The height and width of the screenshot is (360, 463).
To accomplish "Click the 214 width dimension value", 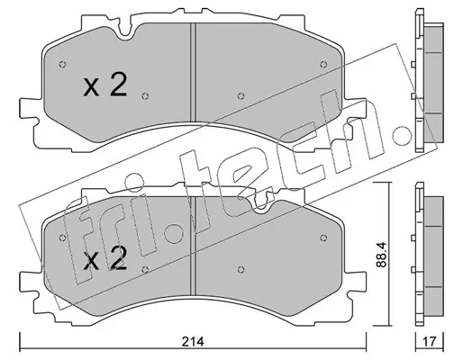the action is coord(193,342).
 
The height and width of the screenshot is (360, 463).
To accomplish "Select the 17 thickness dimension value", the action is coord(430,341).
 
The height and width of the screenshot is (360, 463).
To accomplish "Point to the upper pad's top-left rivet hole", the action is coord(62,65).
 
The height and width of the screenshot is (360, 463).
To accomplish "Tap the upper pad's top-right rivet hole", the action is coord(323,64).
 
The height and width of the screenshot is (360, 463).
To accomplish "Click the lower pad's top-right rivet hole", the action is coord(323,238).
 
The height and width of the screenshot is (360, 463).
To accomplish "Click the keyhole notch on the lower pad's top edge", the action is coord(260,205).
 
